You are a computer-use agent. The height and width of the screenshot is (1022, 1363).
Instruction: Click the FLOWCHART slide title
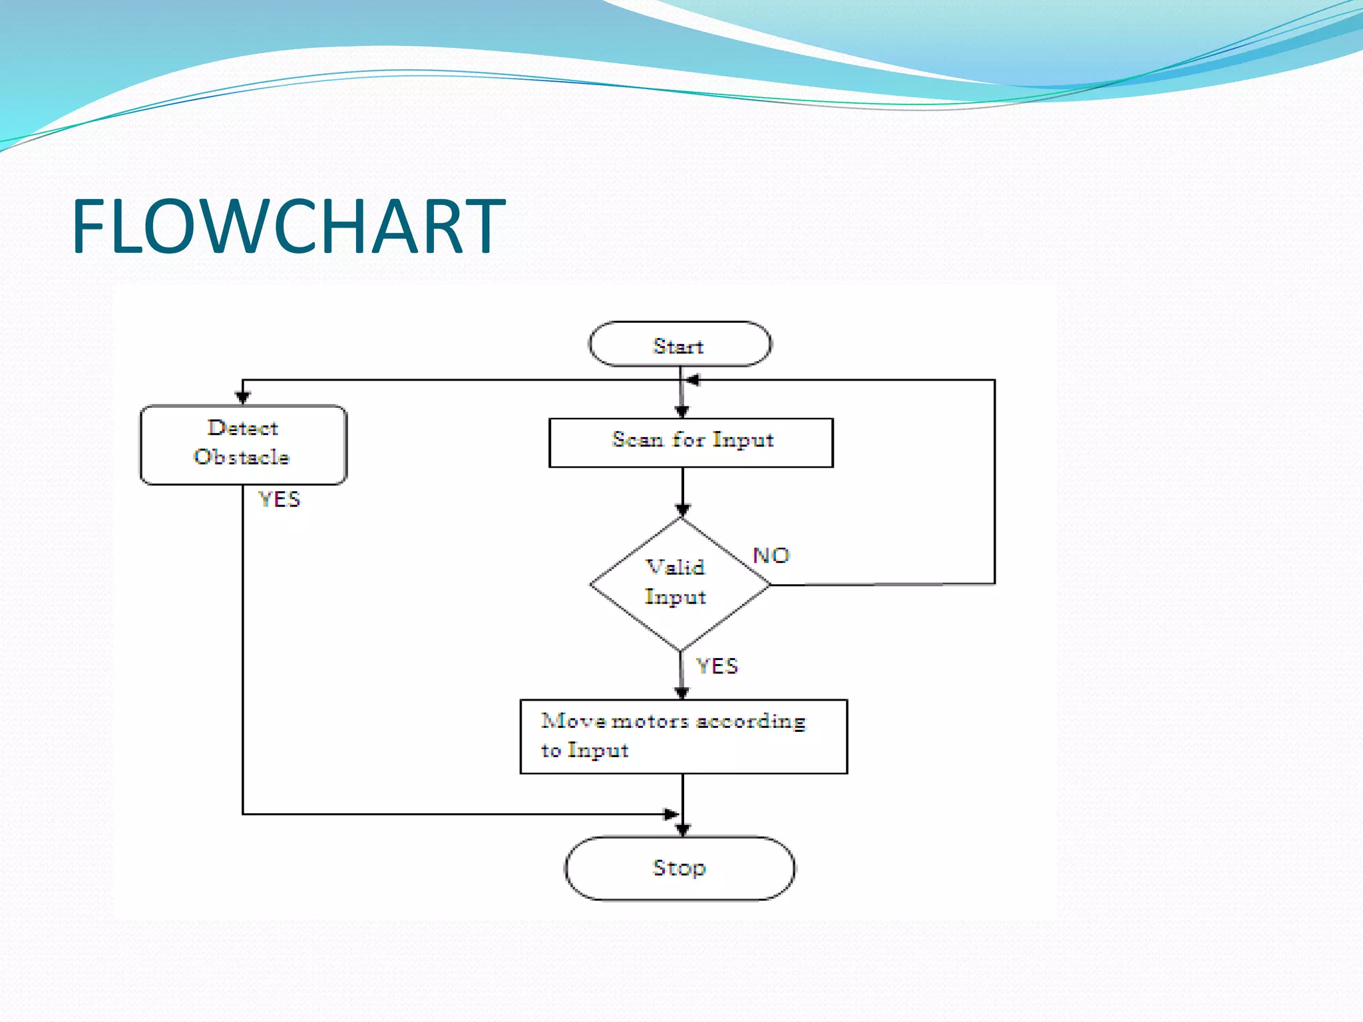tap(288, 227)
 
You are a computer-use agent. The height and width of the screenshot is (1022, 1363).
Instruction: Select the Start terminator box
tap(680, 345)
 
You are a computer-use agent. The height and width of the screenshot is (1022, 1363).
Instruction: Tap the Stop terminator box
tap(680, 868)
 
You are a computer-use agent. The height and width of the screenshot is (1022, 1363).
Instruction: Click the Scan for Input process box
tap(691, 442)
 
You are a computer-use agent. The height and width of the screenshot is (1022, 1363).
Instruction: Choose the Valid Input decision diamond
tap(680, 584)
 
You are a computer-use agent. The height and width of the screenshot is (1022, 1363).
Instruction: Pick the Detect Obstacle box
tap(243, 444)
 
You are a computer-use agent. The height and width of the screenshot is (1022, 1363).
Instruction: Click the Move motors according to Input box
tap(683, 737)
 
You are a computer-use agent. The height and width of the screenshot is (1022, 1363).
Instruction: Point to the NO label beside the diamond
tap(771, 556)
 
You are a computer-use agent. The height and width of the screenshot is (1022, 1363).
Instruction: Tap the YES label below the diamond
tap(717, 666)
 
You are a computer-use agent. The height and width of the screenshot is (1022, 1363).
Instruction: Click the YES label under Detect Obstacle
tap(280, 499)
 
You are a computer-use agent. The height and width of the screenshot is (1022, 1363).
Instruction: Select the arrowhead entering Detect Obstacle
tap(243, 397)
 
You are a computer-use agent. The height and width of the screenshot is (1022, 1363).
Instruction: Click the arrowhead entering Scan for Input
tap(681, 411)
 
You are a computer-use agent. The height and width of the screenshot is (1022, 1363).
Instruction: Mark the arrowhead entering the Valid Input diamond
tap(683, 510)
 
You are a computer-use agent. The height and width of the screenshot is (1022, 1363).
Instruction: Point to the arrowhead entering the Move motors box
tap(681, 693)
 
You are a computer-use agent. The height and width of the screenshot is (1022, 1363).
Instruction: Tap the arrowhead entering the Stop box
tap(683, 829)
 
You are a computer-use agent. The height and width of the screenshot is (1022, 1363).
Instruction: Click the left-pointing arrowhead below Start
tap(693, 380)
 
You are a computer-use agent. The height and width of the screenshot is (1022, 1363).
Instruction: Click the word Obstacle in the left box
tap(242, 457)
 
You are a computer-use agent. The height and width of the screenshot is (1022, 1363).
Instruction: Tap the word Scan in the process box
tap(637, 440)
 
